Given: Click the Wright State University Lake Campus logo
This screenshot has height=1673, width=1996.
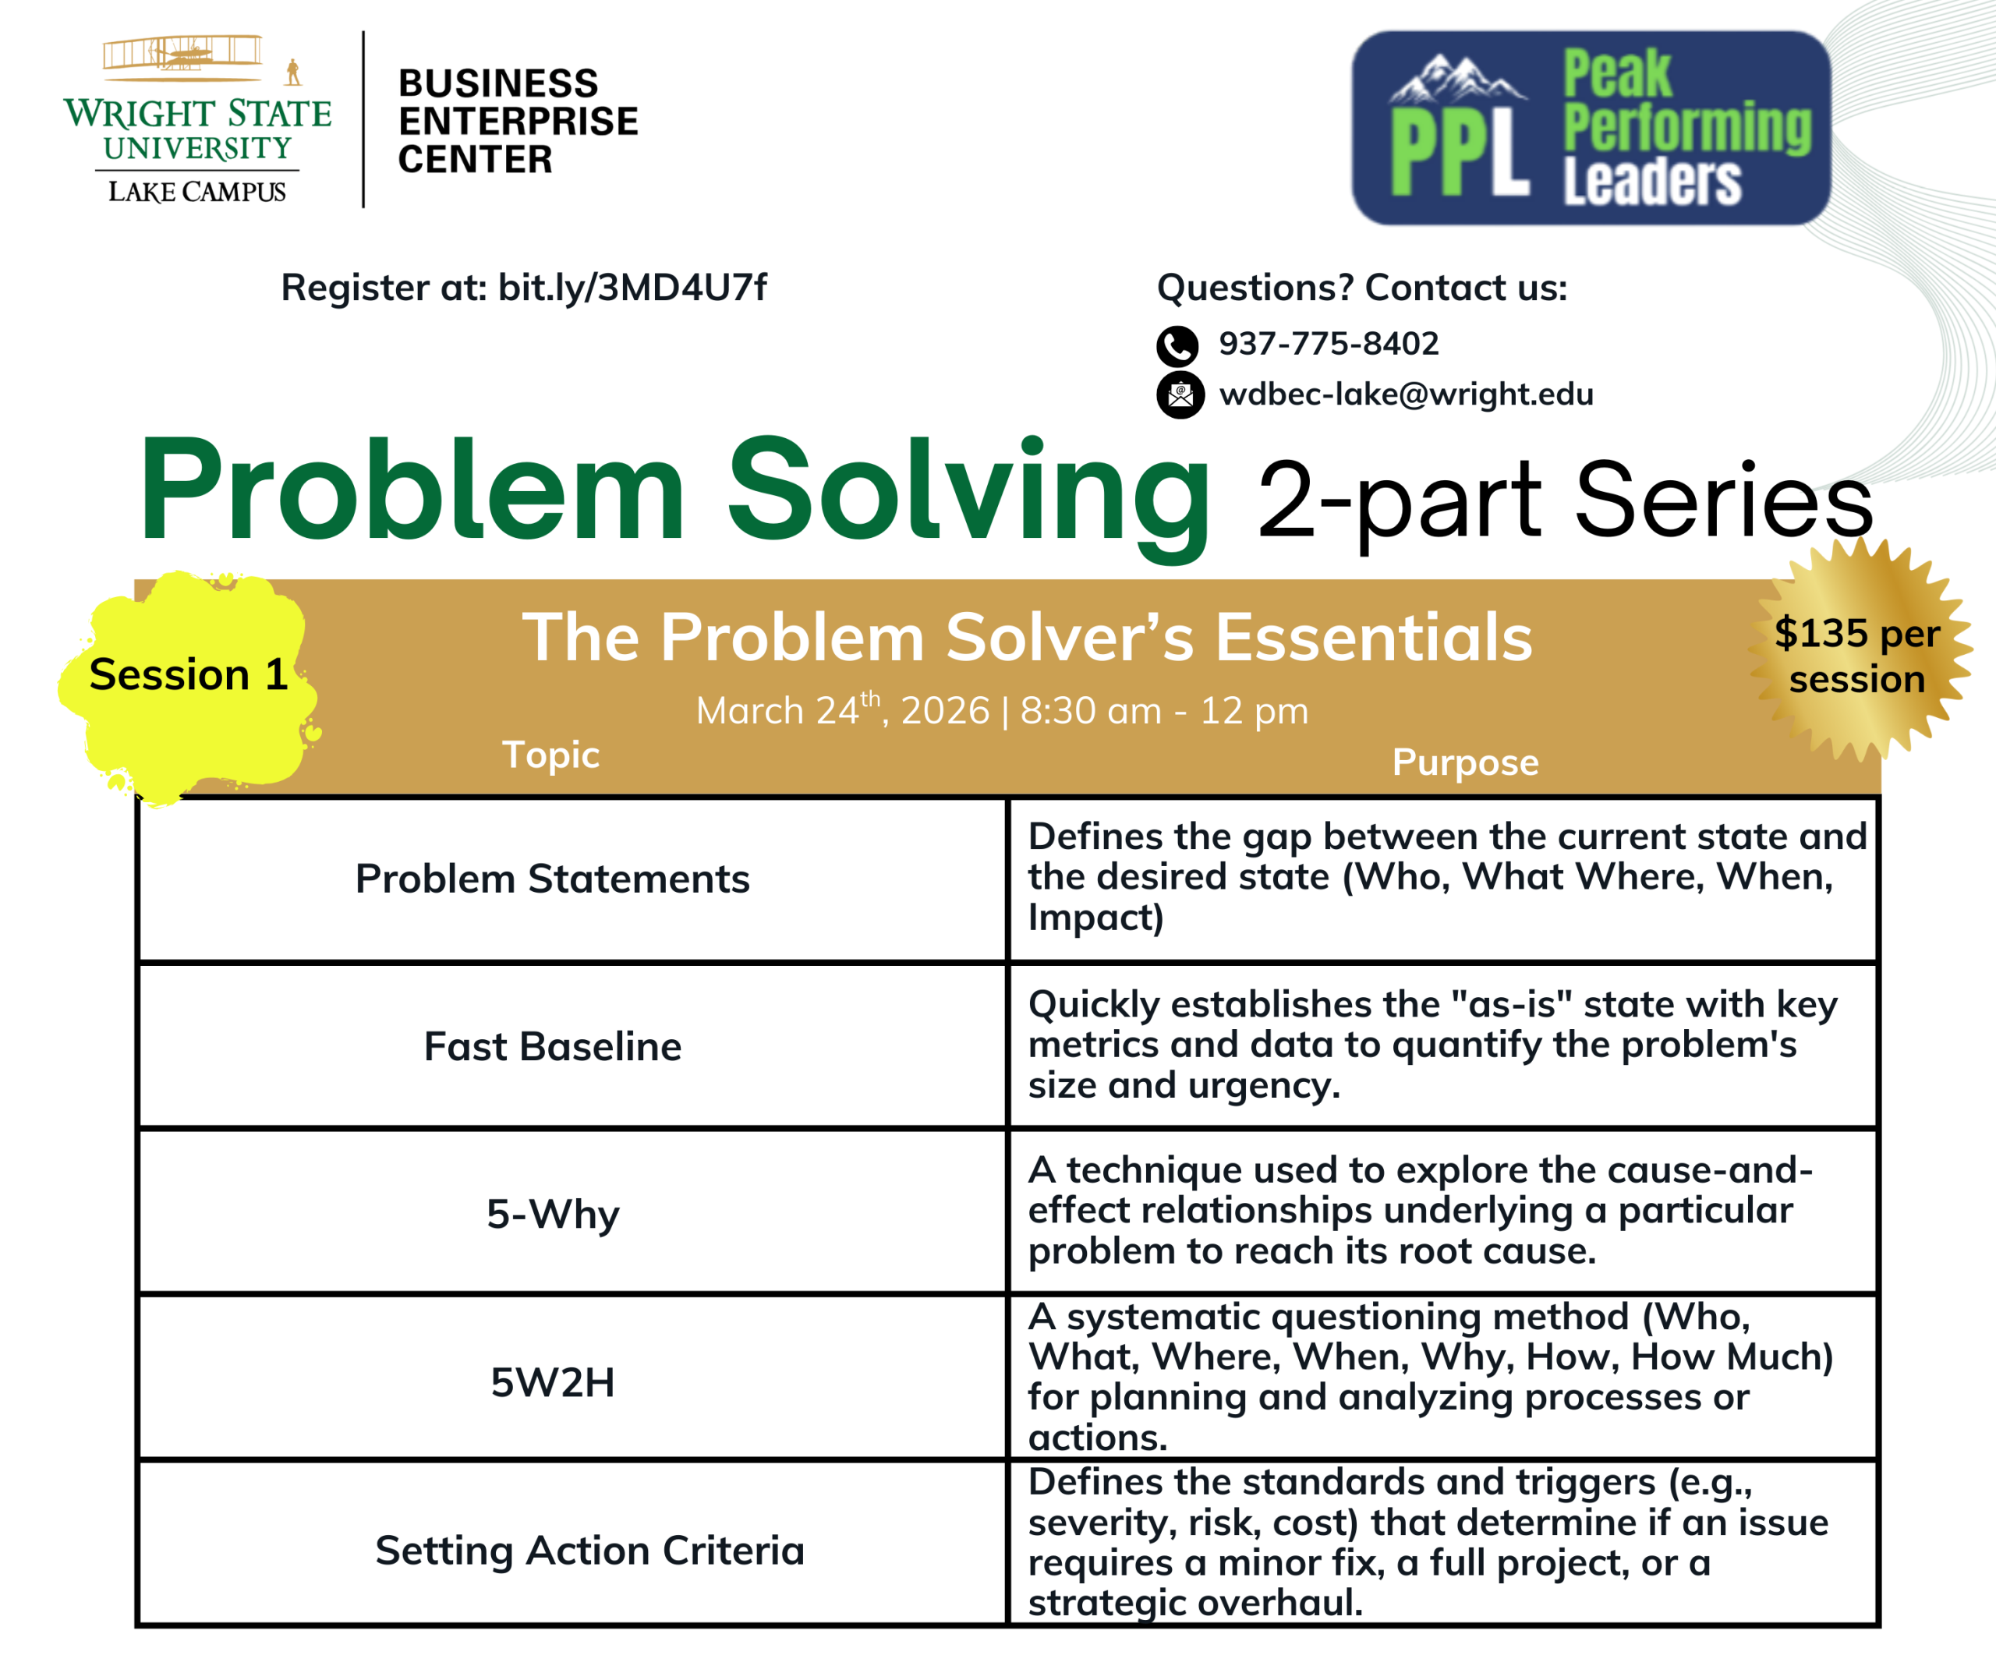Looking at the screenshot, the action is (x=198, y=120).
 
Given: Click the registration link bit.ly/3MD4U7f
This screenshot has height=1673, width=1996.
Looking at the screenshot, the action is (x=632, y=287).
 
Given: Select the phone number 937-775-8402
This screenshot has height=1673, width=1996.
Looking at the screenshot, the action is (x=1329, y=343).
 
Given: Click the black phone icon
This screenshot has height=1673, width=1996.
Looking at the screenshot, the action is (x=1177, y=346).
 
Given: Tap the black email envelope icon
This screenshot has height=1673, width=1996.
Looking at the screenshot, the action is (x=1180, y=394).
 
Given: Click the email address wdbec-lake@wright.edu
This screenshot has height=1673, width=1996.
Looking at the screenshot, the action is (x=1406, y=394).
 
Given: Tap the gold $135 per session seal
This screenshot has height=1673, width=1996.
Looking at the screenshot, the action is (x=1858, y=654).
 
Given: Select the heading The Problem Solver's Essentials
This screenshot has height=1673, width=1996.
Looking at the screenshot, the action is (x=1027, y=637).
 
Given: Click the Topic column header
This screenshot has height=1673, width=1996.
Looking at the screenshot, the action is (x=551, y=755).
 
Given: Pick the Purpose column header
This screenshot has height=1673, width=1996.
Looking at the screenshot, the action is (x=1466, y=762).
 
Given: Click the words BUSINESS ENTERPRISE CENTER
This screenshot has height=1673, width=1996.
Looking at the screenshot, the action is (x=518, y=122).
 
